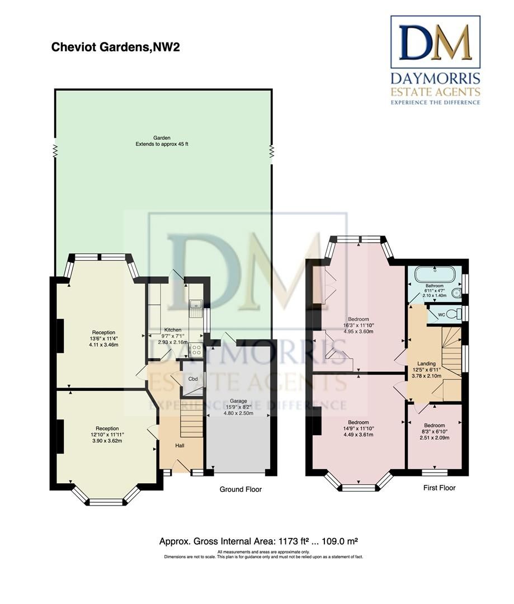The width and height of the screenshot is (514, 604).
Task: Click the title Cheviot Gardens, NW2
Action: click(115, 47)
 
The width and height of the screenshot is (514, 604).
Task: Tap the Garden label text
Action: click(162, 138)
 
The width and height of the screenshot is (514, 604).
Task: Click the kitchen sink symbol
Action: click(196, 307)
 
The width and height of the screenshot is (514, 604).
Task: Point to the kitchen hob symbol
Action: click(196, 350)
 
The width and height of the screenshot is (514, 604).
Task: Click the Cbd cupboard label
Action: click(193, 379)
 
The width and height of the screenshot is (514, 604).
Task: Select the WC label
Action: click(441, 315)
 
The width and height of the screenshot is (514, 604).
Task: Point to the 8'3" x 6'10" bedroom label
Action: click(435, 425)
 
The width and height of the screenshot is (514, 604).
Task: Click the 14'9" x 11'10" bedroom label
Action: click(358, 422)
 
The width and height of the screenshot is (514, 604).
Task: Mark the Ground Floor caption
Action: click(240, 489)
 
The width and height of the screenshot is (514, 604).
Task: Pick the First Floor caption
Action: click(438, 488)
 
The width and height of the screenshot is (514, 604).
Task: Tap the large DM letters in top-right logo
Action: click(435, 43)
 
